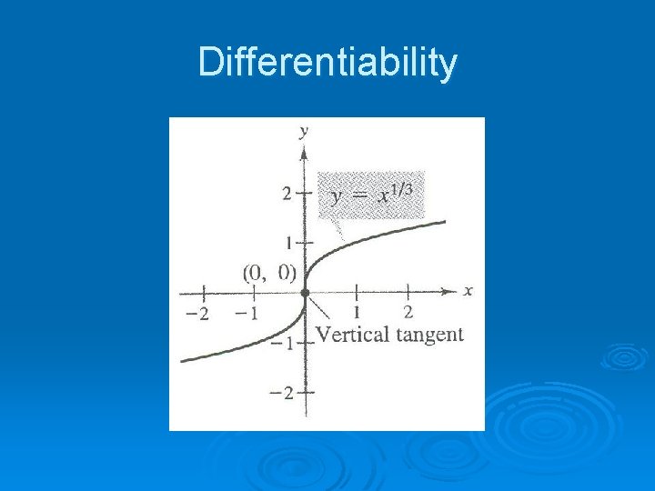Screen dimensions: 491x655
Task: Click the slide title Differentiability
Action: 327,64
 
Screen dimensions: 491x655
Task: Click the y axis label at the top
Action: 304,131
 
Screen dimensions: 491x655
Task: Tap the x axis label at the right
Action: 468,291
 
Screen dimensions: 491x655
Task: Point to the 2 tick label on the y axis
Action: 287,194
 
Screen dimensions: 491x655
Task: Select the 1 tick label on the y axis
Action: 288,244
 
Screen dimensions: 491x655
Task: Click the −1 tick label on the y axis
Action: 284,343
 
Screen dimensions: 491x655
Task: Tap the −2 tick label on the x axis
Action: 197,314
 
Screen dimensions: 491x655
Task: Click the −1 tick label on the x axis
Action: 246,314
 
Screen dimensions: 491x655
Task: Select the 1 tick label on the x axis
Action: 357,312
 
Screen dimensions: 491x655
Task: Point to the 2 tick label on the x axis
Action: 408,312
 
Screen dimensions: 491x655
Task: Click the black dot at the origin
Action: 305,293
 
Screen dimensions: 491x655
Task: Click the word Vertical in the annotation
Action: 350,335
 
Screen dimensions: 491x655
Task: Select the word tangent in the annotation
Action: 427,335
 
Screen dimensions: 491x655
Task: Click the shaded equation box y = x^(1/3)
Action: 371,195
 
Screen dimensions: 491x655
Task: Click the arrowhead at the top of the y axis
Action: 305,147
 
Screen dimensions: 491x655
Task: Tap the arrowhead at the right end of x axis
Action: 450,292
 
